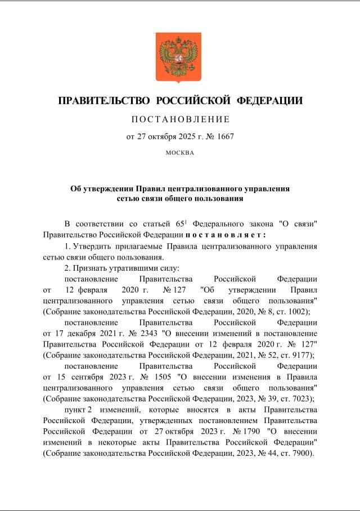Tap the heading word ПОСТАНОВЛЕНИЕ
(x=180, y=119)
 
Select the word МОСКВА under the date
(x=180, y=152)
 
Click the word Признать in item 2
(x=91, y=268)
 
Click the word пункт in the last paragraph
(x=75, y=409)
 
